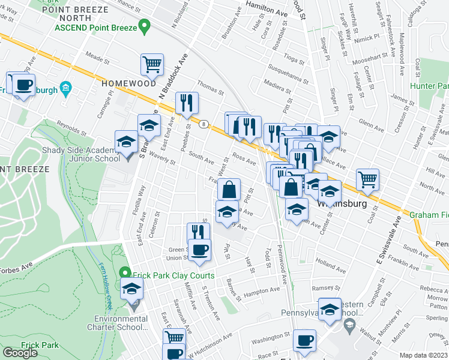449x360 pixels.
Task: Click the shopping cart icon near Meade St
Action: coord(152,63)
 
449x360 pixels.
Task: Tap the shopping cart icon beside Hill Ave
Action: coord(367,178)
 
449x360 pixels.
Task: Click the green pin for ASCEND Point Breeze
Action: coord(143,27)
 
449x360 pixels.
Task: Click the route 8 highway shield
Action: coord(205,124)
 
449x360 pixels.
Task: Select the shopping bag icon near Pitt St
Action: coord(229,189)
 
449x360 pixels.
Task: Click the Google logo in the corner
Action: coord(20,353)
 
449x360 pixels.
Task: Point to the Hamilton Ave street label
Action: coord(267,10)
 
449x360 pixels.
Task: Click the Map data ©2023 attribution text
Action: coord(423,355)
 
